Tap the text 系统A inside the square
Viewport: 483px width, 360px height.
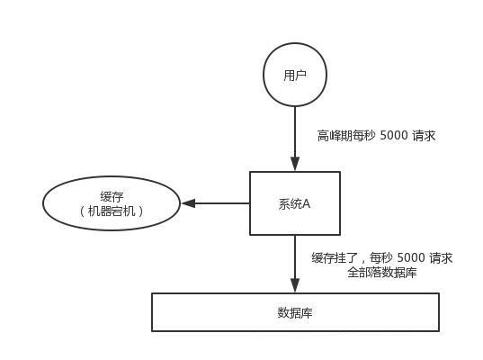pos(295,204)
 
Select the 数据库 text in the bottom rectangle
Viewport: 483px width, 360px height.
pos(295,313)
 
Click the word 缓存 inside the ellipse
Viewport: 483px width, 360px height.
pos(112,196)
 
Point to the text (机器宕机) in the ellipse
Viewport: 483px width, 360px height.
pos(112,211)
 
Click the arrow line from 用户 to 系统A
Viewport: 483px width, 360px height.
pos(295,135)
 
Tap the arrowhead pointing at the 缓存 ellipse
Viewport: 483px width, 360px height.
pos(188,203)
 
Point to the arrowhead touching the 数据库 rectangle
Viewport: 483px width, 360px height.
pos(295,287)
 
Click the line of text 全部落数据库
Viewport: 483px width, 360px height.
pos(381,273)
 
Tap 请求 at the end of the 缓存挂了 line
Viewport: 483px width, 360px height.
pos(441,258)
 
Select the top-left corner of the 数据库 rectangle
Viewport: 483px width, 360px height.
pos(152,294)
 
